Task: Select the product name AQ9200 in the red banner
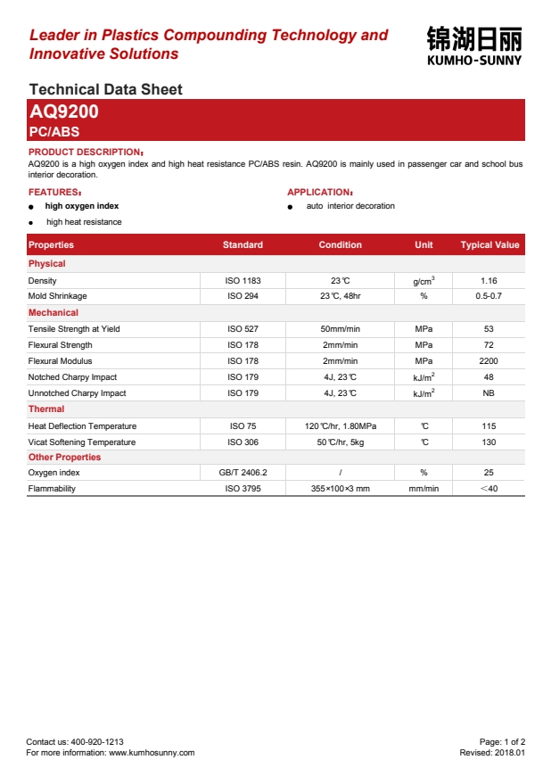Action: [64, 112]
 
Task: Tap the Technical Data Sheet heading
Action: [105, 89]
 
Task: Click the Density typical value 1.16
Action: [489, 280]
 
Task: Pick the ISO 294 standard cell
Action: [243, 295]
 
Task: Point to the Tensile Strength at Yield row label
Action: [74, 329]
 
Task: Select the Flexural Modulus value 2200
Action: [489, 361]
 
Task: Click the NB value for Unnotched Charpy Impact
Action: [489, 393]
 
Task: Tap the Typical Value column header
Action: [490, 245]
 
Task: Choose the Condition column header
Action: [340, 245]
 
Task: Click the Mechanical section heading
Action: [53, 313]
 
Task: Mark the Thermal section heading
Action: [46, 409]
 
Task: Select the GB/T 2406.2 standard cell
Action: [243, 473]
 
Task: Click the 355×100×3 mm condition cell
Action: [340, 489]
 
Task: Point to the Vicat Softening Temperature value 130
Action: [489, 442]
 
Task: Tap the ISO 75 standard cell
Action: [243, 426]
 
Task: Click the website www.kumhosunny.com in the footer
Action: [152, 753]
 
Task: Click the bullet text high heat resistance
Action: [84, 222]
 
